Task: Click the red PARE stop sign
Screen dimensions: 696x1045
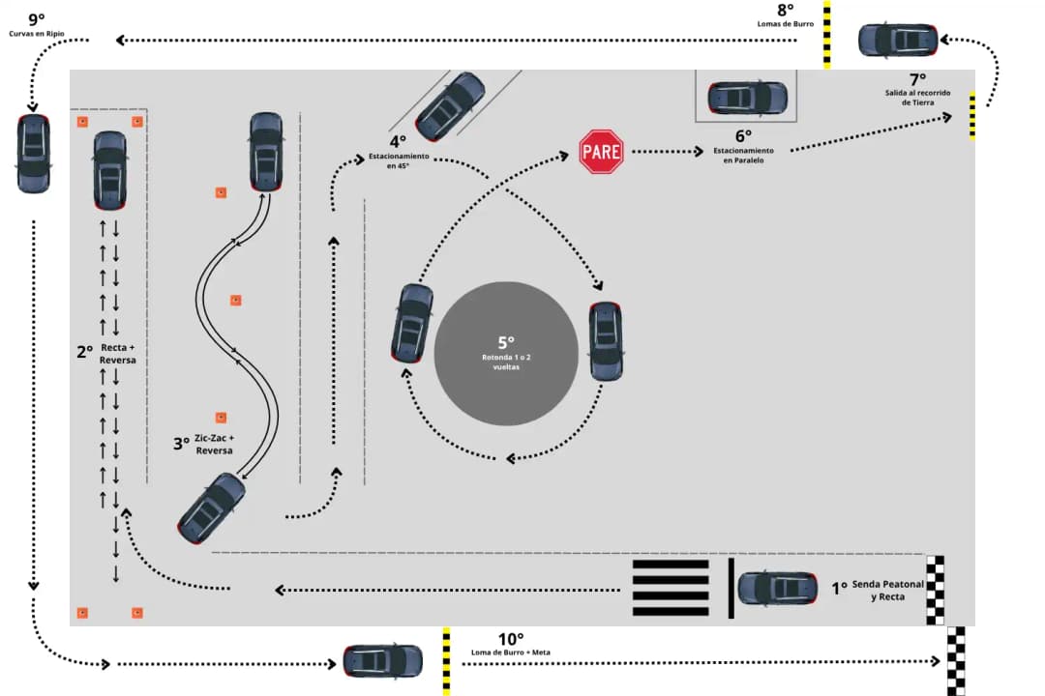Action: point(601,152)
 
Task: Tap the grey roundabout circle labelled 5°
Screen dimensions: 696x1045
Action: point(506,353)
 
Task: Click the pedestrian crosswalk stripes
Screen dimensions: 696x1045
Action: point(671,588)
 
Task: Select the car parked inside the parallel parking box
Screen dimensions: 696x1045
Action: point(747,98)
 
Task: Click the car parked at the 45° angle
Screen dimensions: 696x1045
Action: point(450,106)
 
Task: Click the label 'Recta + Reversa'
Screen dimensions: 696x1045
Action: point(117,353)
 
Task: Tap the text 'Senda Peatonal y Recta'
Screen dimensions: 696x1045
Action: point(878,591)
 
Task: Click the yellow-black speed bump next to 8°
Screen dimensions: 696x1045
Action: point(826,34)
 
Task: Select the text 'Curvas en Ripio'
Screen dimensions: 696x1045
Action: point(37,34)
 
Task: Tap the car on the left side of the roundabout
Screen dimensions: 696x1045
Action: point(412,323)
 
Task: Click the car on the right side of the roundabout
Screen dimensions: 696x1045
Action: point(606,340)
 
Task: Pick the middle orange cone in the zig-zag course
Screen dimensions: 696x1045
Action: point(235,301)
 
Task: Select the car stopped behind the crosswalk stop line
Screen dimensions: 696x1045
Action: point(777,588)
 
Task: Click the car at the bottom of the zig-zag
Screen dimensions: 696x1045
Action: point(212,507)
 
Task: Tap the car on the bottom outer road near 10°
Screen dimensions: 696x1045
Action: point(383,660)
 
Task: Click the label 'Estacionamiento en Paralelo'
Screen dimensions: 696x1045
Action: point(743,155)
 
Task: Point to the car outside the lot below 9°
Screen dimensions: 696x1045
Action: point(34,153)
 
